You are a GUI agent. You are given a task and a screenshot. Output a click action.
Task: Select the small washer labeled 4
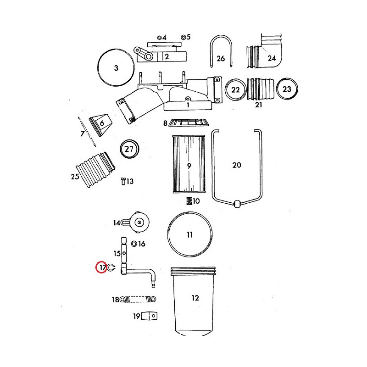(159, 38)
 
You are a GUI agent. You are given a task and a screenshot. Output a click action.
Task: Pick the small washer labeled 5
(183, 37)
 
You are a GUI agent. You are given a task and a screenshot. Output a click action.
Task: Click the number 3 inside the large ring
(116, 68)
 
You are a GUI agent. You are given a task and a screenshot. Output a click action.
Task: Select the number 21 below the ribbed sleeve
(258, 105)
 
